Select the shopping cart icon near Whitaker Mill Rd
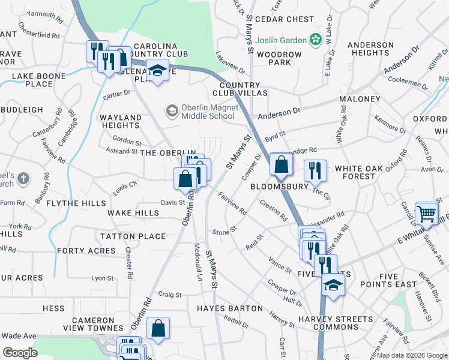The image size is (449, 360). coord(426,212)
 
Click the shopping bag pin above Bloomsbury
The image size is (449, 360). coord(280,164)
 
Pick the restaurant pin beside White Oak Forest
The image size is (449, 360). coord(315,171)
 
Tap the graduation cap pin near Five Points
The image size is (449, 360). coord(333,285)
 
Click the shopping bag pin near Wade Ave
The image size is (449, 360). coord(158,328)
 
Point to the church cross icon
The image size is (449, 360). coord(23,178)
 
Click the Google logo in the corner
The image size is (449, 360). coord(20,353)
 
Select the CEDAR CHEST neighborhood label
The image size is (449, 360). coord(285,19)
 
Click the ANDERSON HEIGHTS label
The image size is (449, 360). coord(370,49)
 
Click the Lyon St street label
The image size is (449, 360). coord(102,278)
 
